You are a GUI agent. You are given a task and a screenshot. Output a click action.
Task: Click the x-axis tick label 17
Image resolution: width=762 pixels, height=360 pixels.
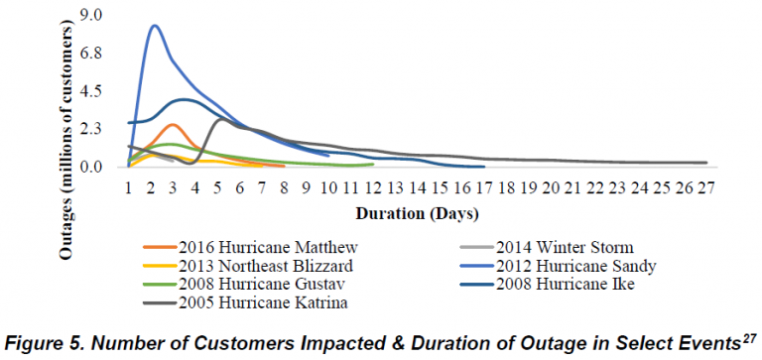point(479,187)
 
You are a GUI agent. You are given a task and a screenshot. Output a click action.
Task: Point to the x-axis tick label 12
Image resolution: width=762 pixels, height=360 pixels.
point(370,187)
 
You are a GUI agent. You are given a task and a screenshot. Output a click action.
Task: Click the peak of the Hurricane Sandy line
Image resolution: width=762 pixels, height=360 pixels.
point(155,26)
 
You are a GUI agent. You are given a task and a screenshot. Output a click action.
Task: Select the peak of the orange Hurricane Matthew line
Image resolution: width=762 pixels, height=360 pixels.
point(174,124)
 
